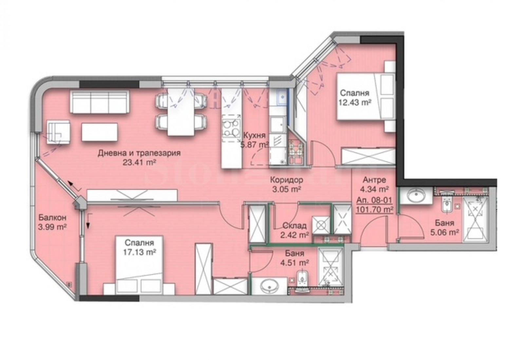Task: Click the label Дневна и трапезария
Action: coord(139,153)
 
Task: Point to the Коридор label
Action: coord(287,180)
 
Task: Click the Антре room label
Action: coord(374,180)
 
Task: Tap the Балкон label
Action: coord(52,217)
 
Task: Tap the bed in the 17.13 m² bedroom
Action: coord(140,265)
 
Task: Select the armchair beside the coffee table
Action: coord(58,132)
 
